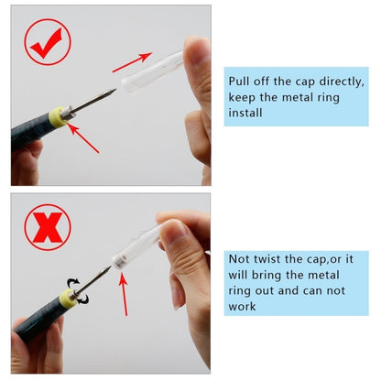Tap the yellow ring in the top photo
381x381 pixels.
pos(60,116)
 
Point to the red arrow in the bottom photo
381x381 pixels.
pos(123,294)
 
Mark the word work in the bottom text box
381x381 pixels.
pos(244,307)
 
